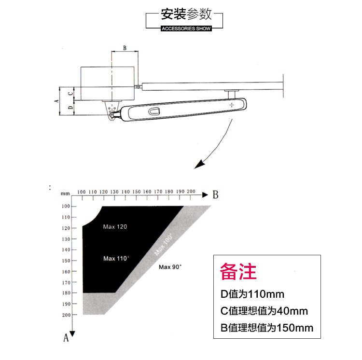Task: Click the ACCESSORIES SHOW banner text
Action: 186,28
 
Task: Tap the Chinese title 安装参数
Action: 186,14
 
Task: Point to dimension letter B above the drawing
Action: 125,48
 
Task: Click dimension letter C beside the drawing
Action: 70,94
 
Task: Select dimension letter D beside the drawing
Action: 70,107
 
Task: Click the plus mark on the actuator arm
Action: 232,105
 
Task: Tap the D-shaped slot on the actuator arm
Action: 154,111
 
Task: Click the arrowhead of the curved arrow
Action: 199,164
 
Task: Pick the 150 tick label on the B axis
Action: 137,192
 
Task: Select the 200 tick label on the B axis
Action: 191,191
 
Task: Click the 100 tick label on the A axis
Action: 66,206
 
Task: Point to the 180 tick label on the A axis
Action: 66,293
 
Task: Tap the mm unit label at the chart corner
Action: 65,194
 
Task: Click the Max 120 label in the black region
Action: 115,227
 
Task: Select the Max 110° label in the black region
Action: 116,259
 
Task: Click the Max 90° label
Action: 170,267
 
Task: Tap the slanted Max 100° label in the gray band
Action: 163,245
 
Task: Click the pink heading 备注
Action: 238,271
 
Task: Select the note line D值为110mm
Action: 252,294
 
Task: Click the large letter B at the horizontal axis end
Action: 215,195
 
